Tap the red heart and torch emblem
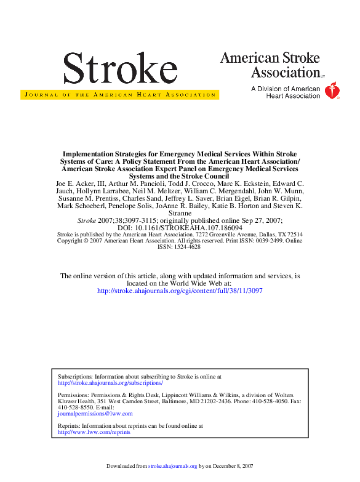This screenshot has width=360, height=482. pyautogui.click(x=332, y=91)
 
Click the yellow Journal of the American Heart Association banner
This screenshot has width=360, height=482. pyautogui.click(x=119, y=95)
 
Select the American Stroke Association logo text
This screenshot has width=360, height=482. pyautogui.click(x=270, y=65)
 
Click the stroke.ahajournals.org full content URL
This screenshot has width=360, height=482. pyautogui.click(x=180, y=291)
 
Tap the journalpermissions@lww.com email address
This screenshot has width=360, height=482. pyautogui.click(x=95, y=414)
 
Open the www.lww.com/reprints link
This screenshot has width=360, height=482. pyautogui.click(x=94, y=432)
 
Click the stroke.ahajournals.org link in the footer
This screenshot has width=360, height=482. pyautogui.click(x=173, y=467)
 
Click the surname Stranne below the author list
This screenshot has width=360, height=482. pyautogui.click(x=180, y=213)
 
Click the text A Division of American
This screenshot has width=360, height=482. pyautogui.click(x=286, y=89)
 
